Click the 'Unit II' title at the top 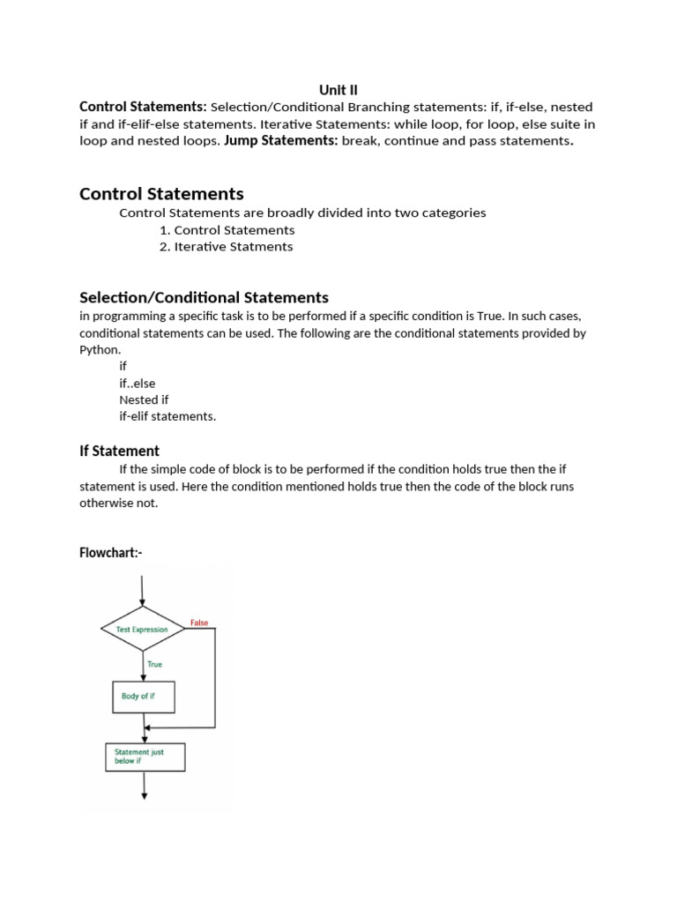(338, 89)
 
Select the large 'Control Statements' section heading (161, 193)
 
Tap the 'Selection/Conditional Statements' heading (204, 297)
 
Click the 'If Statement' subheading (119, 451)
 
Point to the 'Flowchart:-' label (110, 553)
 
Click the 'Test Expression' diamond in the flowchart (143, 630)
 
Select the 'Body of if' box (143, 697)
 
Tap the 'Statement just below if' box (145, 756)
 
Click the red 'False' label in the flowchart (199, 623)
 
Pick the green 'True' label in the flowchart (154, 664)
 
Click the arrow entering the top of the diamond (144, 589)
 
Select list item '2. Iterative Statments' (226, 247)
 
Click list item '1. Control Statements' (227, 230)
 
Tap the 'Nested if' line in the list (144, 399)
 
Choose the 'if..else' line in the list (137, 383)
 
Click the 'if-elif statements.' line (167, 416)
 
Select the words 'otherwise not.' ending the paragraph (119, 503)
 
